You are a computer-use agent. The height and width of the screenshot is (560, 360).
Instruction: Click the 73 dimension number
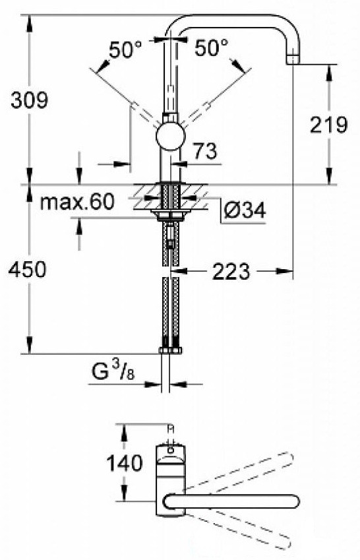(x=204, y=152)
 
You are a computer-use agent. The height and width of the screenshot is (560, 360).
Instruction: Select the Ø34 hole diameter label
(x=244, y=210)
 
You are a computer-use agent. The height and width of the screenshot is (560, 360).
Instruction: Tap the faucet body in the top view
(x=170, y=472)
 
